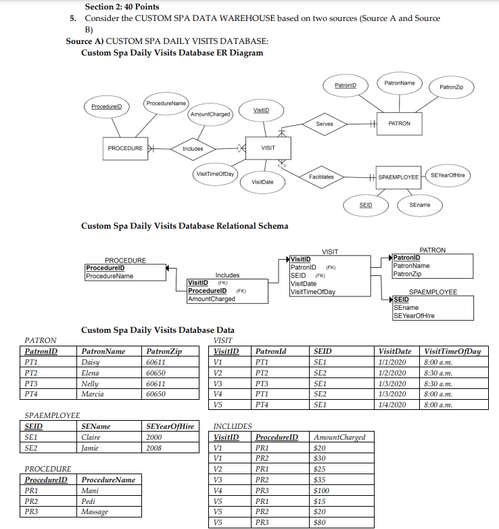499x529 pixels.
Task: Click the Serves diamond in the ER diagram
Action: [x=329, y=124]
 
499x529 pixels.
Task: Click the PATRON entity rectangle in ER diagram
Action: [x=400, y=123]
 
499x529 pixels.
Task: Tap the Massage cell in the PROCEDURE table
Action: [x=94, y=512]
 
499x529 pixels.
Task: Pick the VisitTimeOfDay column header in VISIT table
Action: [x=452, y=352]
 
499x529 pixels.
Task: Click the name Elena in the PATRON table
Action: [x=91, y=373]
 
